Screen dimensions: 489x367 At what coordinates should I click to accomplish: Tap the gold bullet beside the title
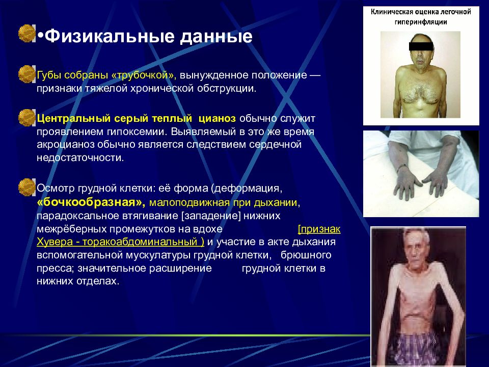tap(27, 34)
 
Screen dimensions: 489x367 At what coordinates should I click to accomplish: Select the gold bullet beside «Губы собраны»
tap(27, 74)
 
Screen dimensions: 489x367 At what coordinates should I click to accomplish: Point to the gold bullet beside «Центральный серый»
tap(27, 118)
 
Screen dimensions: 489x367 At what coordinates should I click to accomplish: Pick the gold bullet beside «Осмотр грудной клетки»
tap(27, 187)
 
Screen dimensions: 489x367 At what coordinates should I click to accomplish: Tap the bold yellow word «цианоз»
tap(218, 119)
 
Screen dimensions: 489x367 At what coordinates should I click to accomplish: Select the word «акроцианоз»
tap(66, 145)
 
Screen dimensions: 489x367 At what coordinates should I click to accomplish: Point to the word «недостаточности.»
tap(80, 158)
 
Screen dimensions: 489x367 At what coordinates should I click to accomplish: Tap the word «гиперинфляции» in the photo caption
tap(421, 22)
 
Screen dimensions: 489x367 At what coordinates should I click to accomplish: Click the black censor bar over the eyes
tap(421, 46)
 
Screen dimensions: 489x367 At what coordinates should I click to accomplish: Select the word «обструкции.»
tap(227, 89)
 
